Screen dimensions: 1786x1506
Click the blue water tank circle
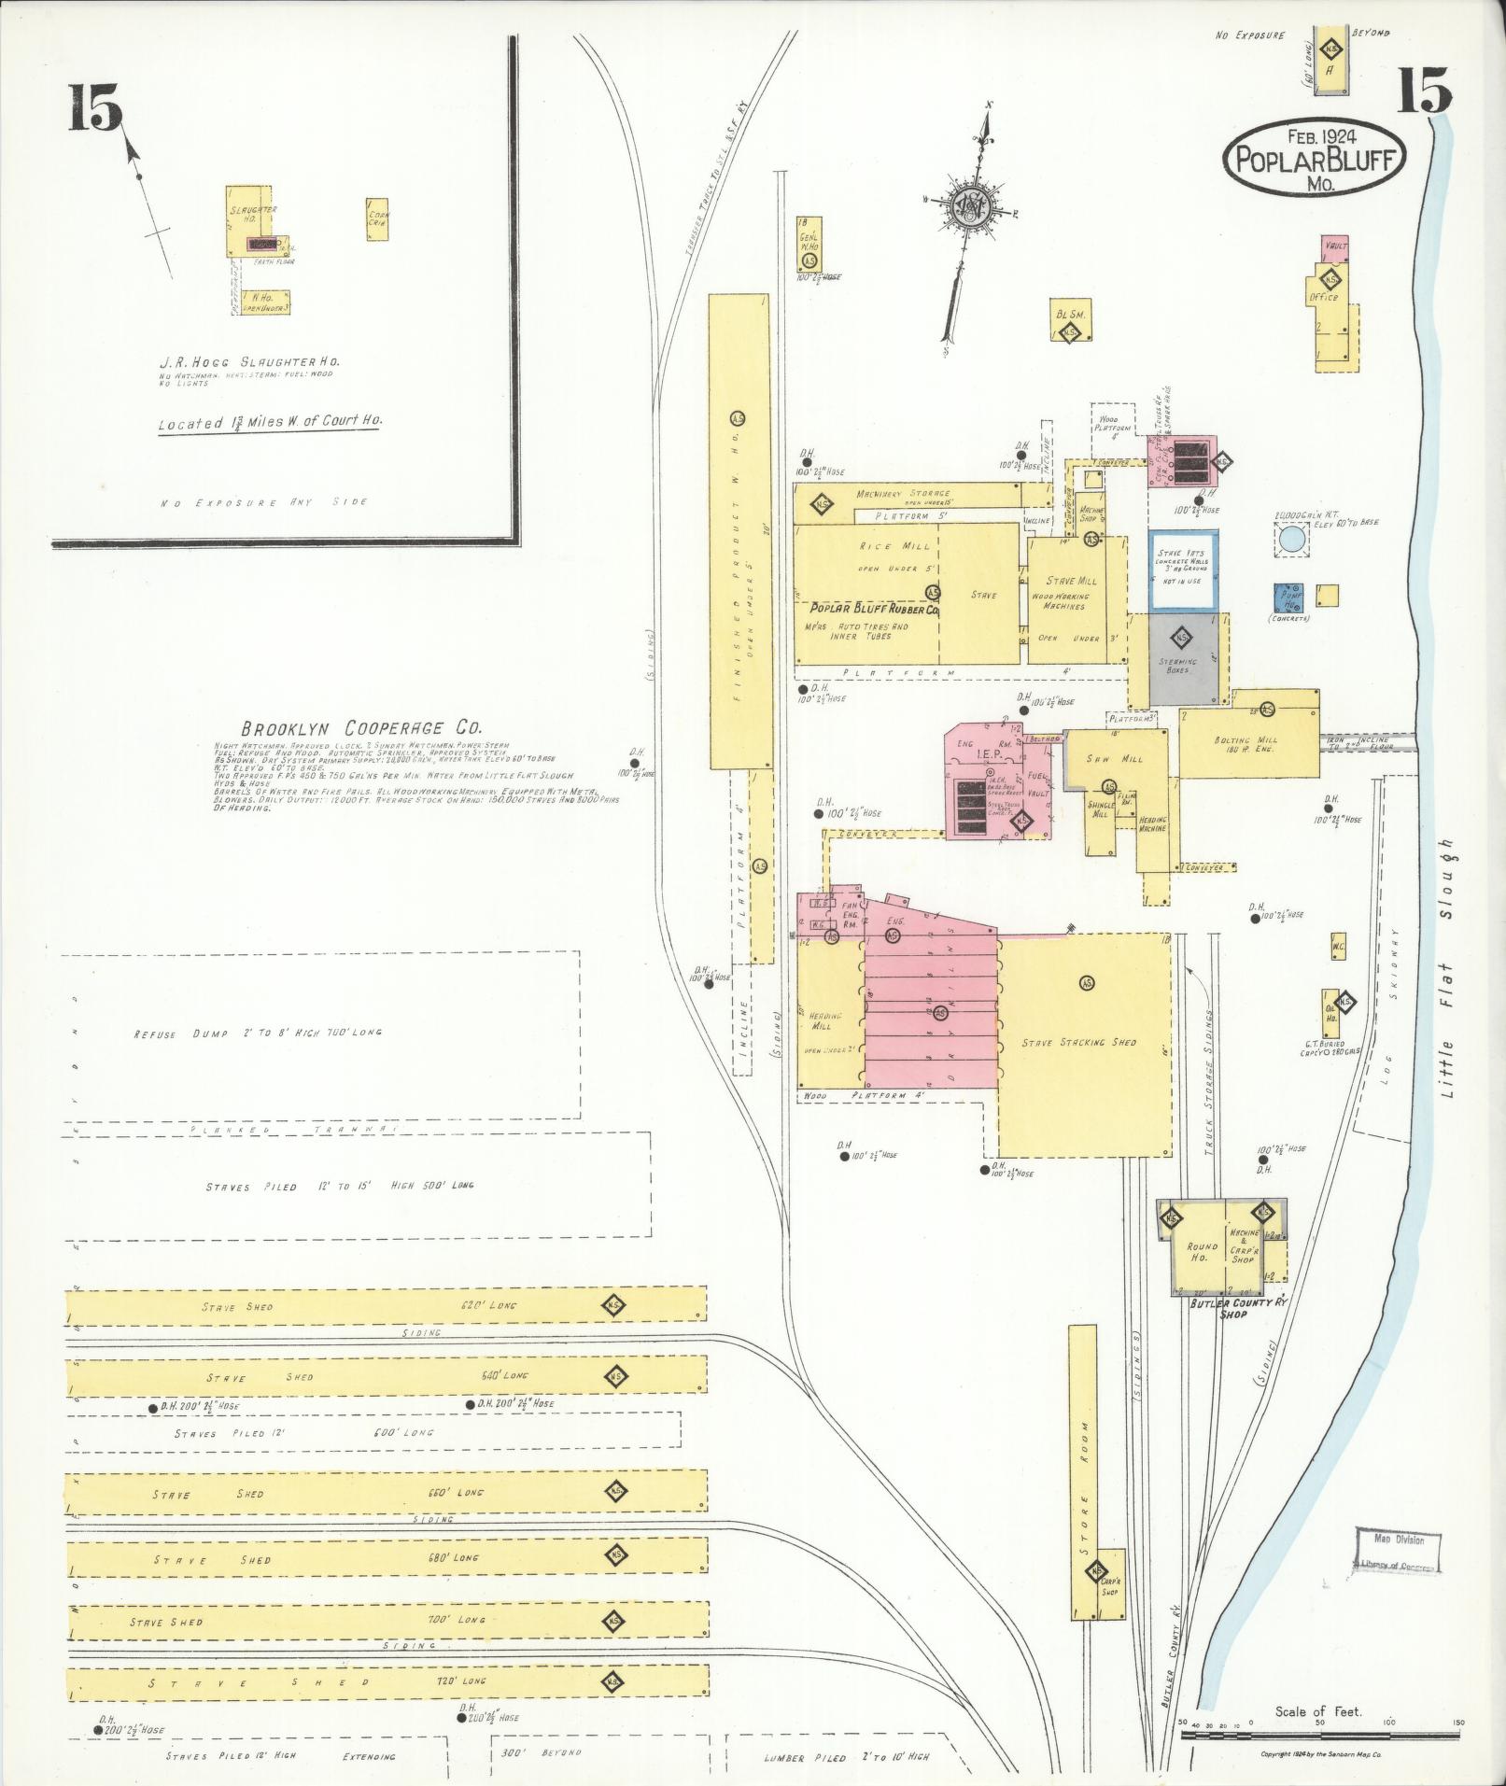click(1291, 539)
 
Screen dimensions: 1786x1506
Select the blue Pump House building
click(1291, 598)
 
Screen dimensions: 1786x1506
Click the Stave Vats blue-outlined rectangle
click(1182, 570)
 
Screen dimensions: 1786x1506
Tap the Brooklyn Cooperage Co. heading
click(361, 727)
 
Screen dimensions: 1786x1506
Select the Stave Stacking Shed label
click(1078, 1041)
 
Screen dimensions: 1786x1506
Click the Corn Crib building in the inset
click(379, 219)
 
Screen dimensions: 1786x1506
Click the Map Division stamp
click(1398, 1552)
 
